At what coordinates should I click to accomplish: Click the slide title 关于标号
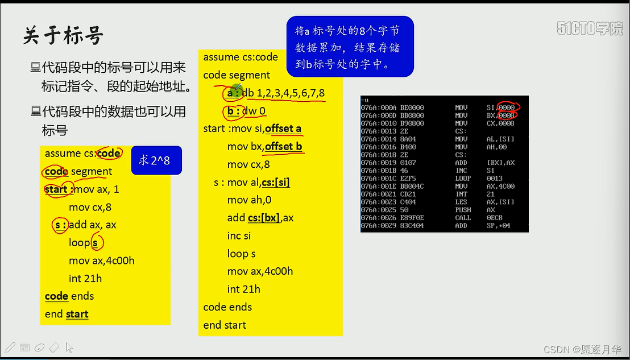pyautogui.click(x=63, y=36)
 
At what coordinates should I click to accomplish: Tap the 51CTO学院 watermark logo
pyautogui.click(x=590, y=29)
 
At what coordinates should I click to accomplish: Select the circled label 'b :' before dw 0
pyautogui.click(x=233, y=111)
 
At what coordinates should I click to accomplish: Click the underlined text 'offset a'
pyautogui.click(x=283, y=129)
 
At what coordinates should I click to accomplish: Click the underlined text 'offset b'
pyautogui.click(x=283, y=147)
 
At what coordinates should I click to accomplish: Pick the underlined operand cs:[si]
pyautogui.click(x=276, y=183)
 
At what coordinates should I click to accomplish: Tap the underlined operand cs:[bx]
pyautogui.click(x=263, y=218)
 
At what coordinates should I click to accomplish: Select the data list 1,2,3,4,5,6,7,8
pyautogui.click(x=291, y=93)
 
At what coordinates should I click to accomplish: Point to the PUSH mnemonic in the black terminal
pyautogui.click(x=463, y=210)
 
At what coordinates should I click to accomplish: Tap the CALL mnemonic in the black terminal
pyautogui.click(x=463, y=218)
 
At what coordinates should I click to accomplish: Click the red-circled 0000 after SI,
pyautogui.click(x=506, y=107)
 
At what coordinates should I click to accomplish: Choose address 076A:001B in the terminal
pyautogui.click(x=380, y=171)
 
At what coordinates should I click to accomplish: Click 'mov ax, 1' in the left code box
pyautogui.click(x=97, y=189)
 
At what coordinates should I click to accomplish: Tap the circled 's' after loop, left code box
pyautogui.click(x=96, y=243)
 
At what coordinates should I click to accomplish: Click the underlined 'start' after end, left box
pyautogui.click(x=77, y=314)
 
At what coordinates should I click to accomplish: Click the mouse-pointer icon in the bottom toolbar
pyautogui.click(x=69, y=347)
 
